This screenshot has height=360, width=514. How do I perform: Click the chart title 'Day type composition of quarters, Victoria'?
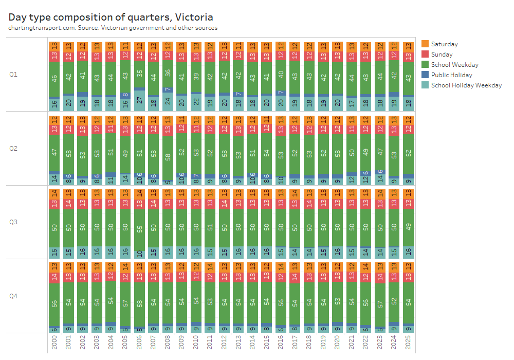pyautogui.click(x=111, y=17)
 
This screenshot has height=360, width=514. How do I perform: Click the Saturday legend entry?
pyautogui.click(x=444, y=44)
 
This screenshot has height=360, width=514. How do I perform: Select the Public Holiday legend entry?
pyautogui.click(x=452, y=75)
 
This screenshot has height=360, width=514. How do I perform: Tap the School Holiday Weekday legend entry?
pyautogui.click(x=466, y=85)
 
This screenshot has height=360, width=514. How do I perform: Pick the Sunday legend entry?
pyautogui.click(x=442, y=55)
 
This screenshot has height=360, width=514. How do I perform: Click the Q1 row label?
pyautogui.click(x=13, y=74)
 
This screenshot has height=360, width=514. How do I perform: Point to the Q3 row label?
pyautogui.click(x=13, y=222)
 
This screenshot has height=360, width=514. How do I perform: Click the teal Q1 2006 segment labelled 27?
pyautogui.click(x=139, y=100)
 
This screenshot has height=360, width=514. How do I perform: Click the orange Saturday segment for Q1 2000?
pyautogui.click(x=54, y=46)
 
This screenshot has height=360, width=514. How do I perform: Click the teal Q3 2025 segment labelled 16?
pyautogui.click(x=408, y=252)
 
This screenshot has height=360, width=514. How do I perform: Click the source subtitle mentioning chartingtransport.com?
pyautogui.click(x=113, y=28)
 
